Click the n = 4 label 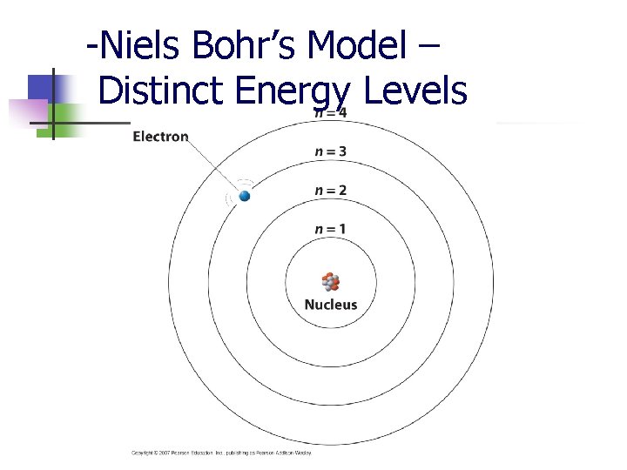pyautogui.click(x=330, y=112)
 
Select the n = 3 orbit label pyautogui.click(x=330, y=151)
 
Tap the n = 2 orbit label pyautogui.click(x=330, y=191)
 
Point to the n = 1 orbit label pyautogui.click(x=330, y=229)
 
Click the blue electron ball pyautogui.click(x=245, y=197)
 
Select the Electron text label pyautogui.click(x=160, y=137)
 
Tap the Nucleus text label pyautogui.click(x=330, y=305)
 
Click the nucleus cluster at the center pyautogui.click(x=330, y=281)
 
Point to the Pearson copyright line pyautogui.click(x=221, y=453)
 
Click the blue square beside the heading pyautogui.click(x=40, y=88)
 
